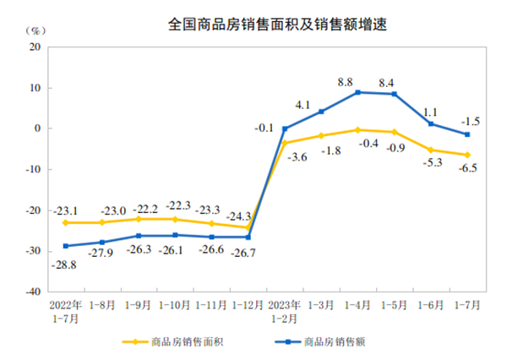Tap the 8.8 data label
[x=344, y=82]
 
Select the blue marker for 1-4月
[x=357, y=92]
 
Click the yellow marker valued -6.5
[x=466, y=155]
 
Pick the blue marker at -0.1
[x=285, y=128]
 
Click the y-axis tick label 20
[x=37, y=47]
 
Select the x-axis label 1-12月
[x=248, y=303]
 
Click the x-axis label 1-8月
[x=102, y=303]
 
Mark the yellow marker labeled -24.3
[x=248, y=227]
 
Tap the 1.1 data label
[x=429, y=111]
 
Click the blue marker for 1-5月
[x=394, y=94]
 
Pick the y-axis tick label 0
[x=40, y=128]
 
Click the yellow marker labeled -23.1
[x=66, y=222]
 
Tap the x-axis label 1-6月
[x=430, y=303]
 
